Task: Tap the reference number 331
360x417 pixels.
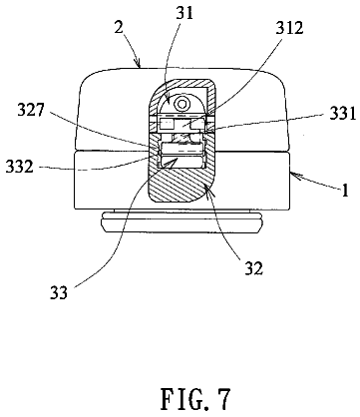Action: coord(342,114)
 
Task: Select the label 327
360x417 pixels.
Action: coord(31,110)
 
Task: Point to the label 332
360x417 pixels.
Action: coord(20,167)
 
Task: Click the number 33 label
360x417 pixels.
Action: coord(59,292)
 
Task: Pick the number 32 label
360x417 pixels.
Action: coord(254,267)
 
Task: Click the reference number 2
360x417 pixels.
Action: coord(119,28)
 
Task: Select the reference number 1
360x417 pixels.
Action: coord(345,191)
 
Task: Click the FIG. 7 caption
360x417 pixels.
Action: coord(194,399)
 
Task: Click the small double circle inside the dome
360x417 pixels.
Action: coord(181,104)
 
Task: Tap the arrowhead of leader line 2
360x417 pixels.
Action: coord(138,63)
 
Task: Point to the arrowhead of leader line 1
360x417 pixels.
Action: coord(295,176)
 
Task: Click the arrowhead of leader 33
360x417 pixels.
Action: coord(176,161)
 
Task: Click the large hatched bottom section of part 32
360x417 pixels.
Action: coord(180,184)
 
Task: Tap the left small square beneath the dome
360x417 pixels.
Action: coord(166,125)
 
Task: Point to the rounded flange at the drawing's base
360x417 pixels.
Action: coord(180,223)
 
